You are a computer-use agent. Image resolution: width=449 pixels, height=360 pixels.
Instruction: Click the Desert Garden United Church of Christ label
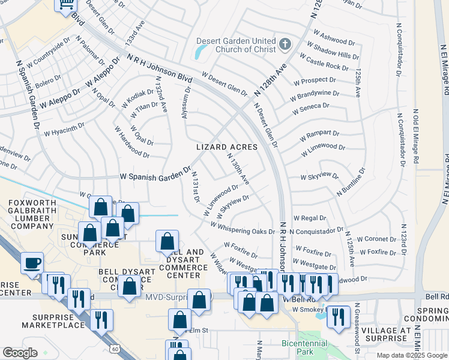coord(237,46)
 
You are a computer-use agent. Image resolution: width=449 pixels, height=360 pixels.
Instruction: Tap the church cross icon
coord(285,44)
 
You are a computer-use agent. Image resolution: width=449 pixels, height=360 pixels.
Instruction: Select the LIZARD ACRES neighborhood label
coord(227,147)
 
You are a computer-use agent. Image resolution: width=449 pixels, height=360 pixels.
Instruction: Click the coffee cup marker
coord(32,262)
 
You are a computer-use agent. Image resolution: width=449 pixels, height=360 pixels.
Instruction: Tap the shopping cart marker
coord(67,5)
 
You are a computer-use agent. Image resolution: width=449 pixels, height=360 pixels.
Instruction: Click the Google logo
coord(20,353)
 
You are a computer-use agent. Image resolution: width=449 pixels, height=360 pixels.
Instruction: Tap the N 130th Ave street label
coord(238,168)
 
